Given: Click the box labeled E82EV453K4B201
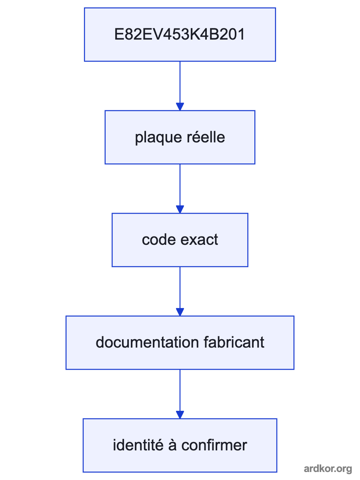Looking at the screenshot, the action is pyautogui.click(x=180, y=34).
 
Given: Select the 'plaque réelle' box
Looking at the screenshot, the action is pyautogui.click(x=180, y=137).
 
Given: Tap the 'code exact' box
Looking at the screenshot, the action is pyautogui.click(x=180, y=240).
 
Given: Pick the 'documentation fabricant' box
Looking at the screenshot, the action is pyautogui.click(x=180, y=343).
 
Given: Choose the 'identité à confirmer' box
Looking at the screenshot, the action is pyautogui.click(x=180, y=446).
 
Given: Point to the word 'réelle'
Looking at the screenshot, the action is pyautogui.click(x=206, y=137).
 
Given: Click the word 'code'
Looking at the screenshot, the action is pyautogui.click(x=159, y=240).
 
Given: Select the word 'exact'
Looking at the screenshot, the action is pyautogui.click(x=199, y=240).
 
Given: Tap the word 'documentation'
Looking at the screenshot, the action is pyautogui.click(x=147, y=342).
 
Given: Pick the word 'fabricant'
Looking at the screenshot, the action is pyautogui.click(x=234, y=342).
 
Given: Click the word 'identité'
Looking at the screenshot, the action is pyautogui.click(x=138, y=445).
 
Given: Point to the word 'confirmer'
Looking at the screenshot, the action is pyautogui.click(x=214, y=445).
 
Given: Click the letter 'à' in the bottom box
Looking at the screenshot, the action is pyautogui.click(x=172, y=445).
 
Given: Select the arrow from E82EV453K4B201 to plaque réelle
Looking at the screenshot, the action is pyautogui.click(x=180, y=86).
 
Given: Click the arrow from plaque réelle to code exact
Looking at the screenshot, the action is pyautogui.click(x=180, y=189).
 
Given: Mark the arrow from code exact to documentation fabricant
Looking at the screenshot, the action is pyautogui.click(x=180, y=291).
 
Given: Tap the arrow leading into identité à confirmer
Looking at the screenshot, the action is pyautogui.click(x=180, y=394).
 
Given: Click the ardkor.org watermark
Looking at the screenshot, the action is pyautogui.click(x=328, y=469).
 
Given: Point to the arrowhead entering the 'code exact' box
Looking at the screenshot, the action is pyautogui.click(x=180, y=209).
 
